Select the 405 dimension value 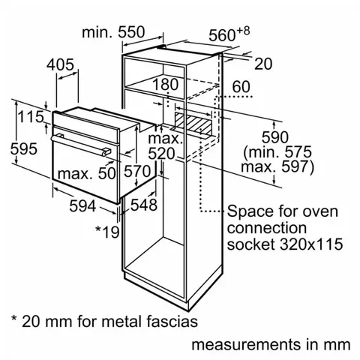coord(61,65)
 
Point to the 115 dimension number coord(30,118)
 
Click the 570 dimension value coord(137,172)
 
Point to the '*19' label coord(107,231)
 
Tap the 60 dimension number coord(240,88)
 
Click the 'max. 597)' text coord(278,166)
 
